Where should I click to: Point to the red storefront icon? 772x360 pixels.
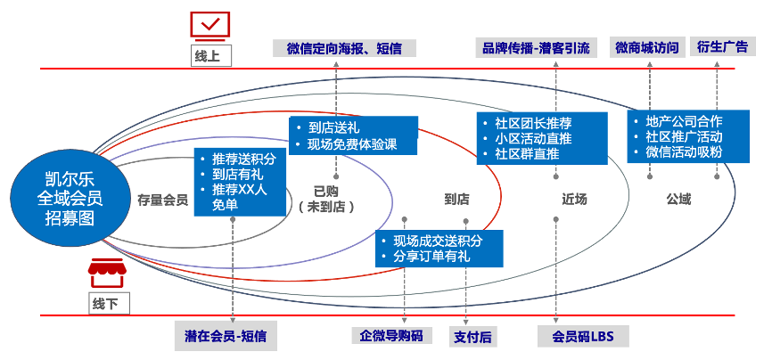click(105, 272)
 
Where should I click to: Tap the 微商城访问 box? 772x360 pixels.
click(646, 48)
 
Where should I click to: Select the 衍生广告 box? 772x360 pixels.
click(719, 48)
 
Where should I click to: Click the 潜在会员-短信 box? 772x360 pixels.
click(226, 336)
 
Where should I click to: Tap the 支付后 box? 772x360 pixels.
click(472, 336)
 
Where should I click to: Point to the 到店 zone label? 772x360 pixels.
click(456, 200)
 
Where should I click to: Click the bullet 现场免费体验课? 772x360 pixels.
click(351, 145)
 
